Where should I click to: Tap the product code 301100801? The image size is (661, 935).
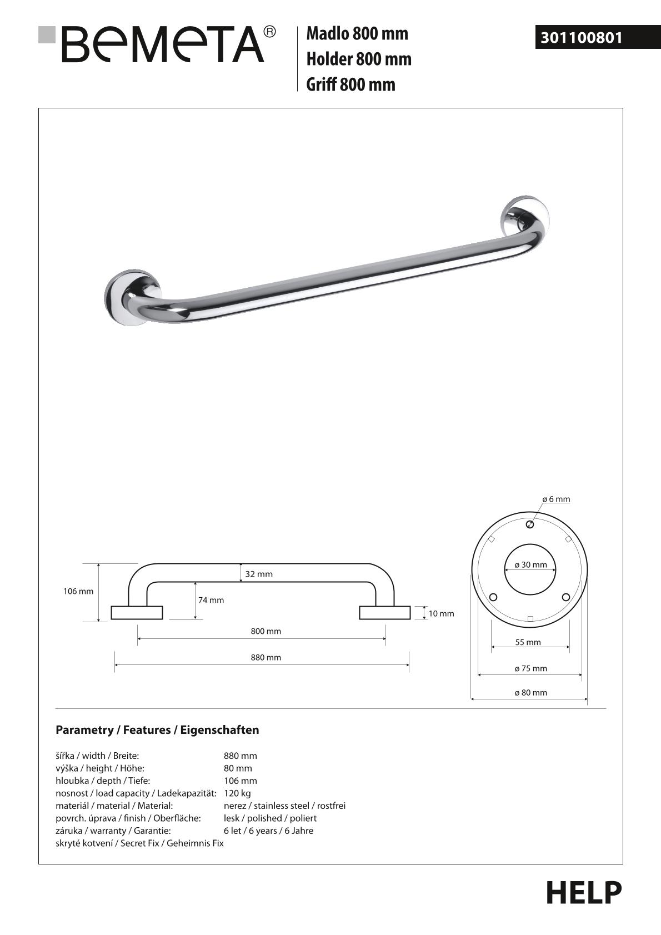pos(581,38)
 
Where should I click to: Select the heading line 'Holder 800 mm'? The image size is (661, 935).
pos(359,59)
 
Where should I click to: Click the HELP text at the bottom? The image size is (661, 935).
pos(583,893)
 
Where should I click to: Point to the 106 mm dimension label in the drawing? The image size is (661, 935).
pos(78,591)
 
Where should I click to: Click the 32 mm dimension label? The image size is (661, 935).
pos(259,574)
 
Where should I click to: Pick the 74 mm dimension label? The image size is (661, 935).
pos(211,600)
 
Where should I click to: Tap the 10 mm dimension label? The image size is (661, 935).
pos(441,613)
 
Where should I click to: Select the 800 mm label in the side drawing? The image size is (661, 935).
pos(266,631)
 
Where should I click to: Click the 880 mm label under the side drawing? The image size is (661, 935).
pos(266,657)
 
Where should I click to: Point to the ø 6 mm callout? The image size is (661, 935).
pos(556,499)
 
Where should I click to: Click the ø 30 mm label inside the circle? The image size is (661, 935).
pos(530,564)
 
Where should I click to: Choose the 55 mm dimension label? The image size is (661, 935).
pos(528,642)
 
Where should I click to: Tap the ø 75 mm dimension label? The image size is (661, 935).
pos(530,668)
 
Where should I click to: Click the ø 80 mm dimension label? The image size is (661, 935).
pos(530,693)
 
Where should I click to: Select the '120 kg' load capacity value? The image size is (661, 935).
pos(237,793)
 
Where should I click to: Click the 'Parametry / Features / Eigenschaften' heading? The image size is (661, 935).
pos(157,730)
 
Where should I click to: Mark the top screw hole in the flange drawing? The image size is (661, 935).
pos(530,524)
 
